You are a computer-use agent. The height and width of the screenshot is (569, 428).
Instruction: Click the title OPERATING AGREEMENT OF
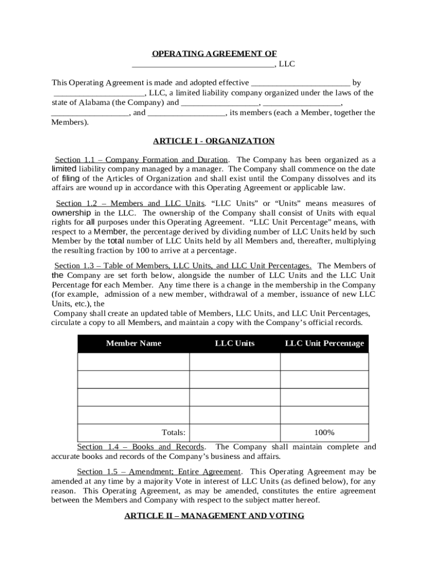pyautogui.click(x=214, y=54)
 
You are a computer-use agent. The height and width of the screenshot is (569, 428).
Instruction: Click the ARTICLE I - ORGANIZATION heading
pyautogui.click(x=214, y=141)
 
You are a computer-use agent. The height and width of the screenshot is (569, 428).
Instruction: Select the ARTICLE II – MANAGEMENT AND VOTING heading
pyautogui.click(x=214, y=516)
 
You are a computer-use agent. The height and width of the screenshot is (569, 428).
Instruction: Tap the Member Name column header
pyautogui.click(x=133, y=343)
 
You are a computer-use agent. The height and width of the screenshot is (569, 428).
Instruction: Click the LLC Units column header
pyautogui.click(x=235, y=343)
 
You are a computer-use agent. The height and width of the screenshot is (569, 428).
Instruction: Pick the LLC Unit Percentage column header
pyautogui.click(x=324, y=343)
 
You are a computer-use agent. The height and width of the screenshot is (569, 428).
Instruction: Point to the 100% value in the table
pyautogui.click(x=324, y=432)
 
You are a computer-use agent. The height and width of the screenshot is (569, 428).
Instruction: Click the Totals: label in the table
pyautogui.click(x=173, y=432)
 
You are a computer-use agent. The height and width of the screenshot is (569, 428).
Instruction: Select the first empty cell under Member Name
pyautogui.click(x=133, y=362)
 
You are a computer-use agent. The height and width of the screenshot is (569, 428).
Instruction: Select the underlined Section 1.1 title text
pyautogui.click(x=141, y=159)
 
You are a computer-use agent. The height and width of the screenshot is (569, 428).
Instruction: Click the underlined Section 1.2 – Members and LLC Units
pyautogui.click(x=130, y=203)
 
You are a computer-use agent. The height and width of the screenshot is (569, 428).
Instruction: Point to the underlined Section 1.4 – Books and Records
pyautogui.click(x=140, y=447)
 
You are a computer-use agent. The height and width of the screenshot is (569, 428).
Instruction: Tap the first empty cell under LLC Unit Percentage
pyautogui.click(x=324, y=362)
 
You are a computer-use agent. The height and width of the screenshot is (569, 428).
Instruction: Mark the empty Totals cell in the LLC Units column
pyautogui.click(x=235, y=432)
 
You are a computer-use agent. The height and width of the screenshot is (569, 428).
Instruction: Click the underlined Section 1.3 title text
pyautogui.click(x=182, y=266)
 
